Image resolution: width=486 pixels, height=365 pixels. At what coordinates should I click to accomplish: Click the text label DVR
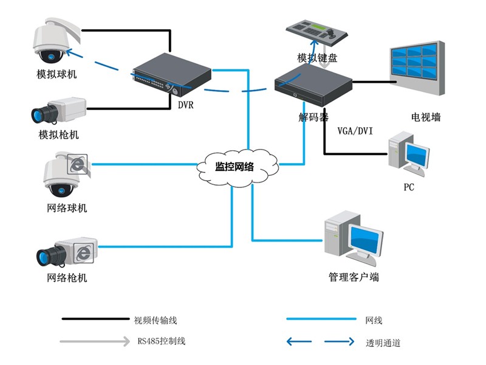(185, 105)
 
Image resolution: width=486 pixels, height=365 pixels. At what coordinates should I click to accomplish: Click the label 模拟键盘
(317, 58)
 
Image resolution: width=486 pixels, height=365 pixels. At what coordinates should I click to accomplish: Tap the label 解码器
(313, 117)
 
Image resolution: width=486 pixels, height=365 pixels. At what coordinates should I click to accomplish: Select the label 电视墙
(426, 117)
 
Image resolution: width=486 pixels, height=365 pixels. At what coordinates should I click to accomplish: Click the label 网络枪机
(67, 278)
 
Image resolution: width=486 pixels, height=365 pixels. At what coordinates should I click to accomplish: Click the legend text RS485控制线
(161, 341)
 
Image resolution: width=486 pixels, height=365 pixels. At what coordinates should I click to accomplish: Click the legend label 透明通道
(383, 342)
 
